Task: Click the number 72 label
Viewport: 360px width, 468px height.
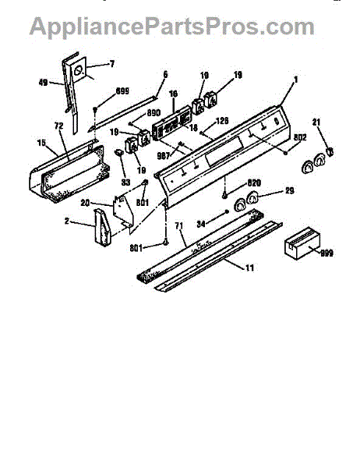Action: (58, 126)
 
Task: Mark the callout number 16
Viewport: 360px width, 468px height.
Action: (172, 92)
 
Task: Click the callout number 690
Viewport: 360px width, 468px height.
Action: (153, 113)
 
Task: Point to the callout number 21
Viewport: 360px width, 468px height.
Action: (316, 121)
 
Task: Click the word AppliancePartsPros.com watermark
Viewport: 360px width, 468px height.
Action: (171, 26)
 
